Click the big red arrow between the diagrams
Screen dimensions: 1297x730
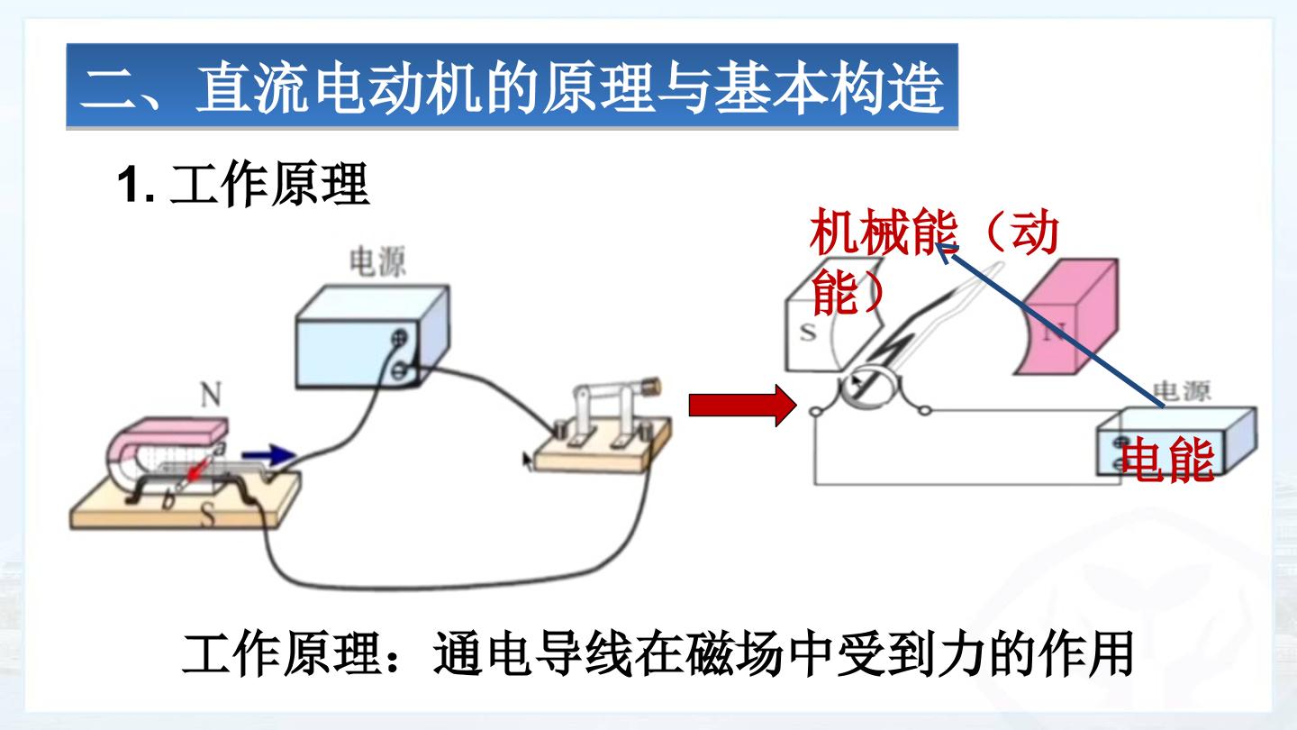pyautogui.click(x=742, y=406)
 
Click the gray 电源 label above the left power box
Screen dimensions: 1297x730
pyautogui.click(x=377, y=262)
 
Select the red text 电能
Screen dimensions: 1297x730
pyautogui.click(x=1167, y=461)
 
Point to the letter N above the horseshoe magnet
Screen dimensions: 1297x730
pyautogui.click(x=211, y=395)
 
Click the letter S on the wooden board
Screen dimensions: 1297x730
pyautogui.click(x=209, y=516)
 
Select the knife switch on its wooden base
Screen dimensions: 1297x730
pyautogui.click(x=603, y=429)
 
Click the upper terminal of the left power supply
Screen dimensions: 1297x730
pyautogui.click(x=400, y=337)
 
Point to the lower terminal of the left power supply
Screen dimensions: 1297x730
pyautogui.click(x=398, y=370)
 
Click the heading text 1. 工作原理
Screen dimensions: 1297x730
pyautogui.click(x=243, y=185)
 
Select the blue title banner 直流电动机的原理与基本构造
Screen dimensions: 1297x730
pyautogui.click(x=512, y=87)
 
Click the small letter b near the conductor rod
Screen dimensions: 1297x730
pyautogui.click(x=168, y=500)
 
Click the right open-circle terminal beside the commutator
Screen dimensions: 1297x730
pyautogui.click(x=925, y=411)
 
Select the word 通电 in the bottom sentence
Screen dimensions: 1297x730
pyautogui.click(x=482, y=654)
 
